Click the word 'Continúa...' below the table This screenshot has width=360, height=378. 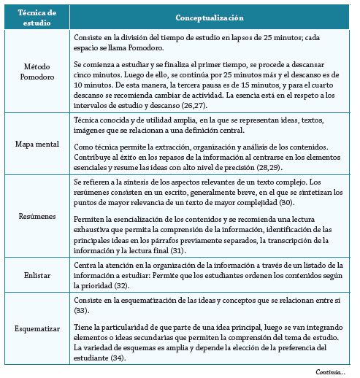(330, 371)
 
